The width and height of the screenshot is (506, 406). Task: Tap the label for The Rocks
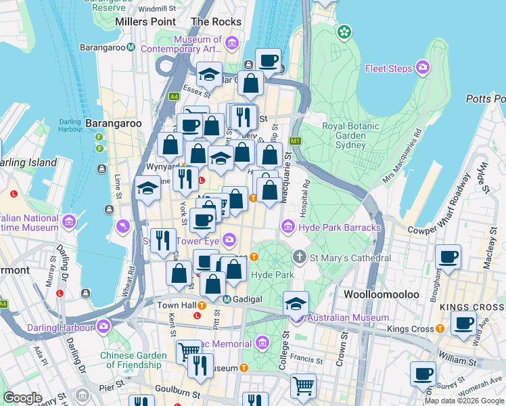216,22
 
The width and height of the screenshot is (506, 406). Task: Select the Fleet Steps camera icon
423,67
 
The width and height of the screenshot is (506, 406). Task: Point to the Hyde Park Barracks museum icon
288,227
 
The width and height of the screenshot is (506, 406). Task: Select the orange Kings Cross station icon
440,329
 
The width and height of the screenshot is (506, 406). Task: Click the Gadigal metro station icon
227,299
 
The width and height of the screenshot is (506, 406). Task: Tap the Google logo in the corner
23,397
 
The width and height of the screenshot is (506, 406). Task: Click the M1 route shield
294,141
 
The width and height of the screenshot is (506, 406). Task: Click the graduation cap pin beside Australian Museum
296,302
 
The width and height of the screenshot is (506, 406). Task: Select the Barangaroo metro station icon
131,47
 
